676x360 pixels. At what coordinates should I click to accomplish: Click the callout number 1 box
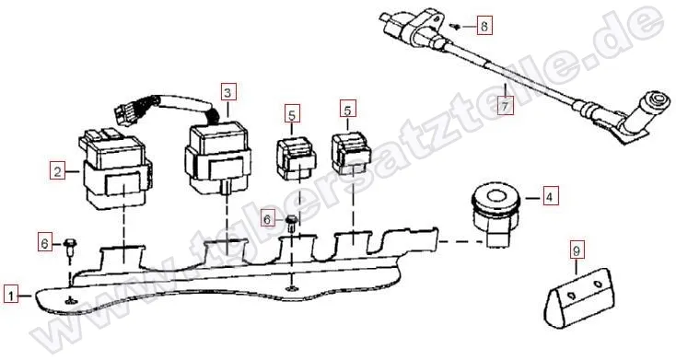pyautogui.click(x=12, y=296)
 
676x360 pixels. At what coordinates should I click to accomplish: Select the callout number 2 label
pyautogui.click(x=58, y=171)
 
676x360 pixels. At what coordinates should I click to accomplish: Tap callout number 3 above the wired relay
pyautogui.click(x=228, y=91)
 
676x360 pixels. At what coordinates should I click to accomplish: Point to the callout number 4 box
pyautogui.click(x=549, y=196)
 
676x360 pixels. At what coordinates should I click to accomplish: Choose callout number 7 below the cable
pyautogui.click(x=506, y=105)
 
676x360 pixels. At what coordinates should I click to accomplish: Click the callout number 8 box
pyautogui.click(x=484, y=26)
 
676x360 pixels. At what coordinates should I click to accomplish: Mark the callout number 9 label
pyautogui.click(x=577, y=250)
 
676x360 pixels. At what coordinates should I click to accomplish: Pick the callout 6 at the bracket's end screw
pyautogui.click(x=45, y=244)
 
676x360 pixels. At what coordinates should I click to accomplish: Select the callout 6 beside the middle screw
pyautogui.click(x=267, y=220)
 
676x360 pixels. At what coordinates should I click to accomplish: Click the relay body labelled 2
pyautogui.click(x=115, y=170)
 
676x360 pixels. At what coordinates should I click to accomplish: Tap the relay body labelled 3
pyautogui.click(x=216, y=158)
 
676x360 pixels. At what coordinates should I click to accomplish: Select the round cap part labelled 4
pyautogui.click(x=495, y=212)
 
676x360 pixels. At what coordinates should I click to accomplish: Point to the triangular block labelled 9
pyautogui.click(x=580, y=297)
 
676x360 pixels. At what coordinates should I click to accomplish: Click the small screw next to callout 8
pyautogui.click(x=454, y=27)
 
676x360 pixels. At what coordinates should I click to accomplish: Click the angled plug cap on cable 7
pyautogui.click(x=642, y=116)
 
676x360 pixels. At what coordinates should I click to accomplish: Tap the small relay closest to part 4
pyautogui.click(x=352, y=153)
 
